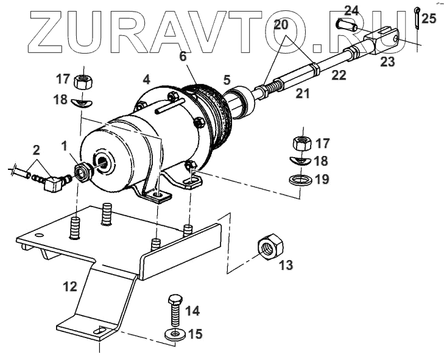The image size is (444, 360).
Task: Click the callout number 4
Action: (146, 79)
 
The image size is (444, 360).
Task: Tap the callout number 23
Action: (387, 62)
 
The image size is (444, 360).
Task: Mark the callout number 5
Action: (227, 79)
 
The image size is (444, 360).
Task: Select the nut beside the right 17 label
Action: (300, 144)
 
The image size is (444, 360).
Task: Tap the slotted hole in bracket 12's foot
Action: (98, 331)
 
